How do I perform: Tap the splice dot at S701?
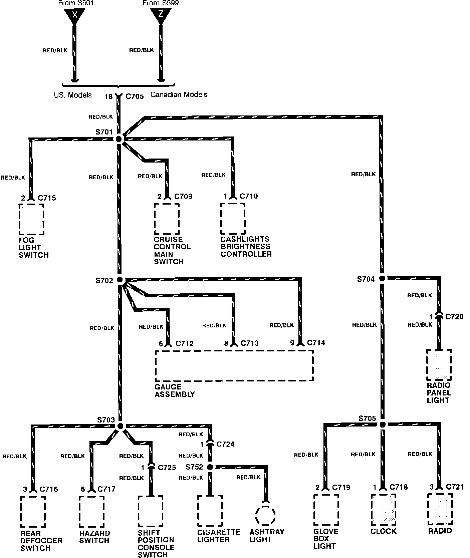(x=119, y=139)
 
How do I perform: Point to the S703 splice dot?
(x=121, y=426)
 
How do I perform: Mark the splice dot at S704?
(x=382, y=278)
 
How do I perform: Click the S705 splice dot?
(x=383, y=425)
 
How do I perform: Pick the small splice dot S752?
(x=210, y=467)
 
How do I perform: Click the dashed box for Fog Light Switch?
(x=31, y=219)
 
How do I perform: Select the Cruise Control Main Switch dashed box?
(x=167, y=219)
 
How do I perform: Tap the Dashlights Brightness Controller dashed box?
(x=233, y=219)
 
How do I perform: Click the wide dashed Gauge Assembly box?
(x=234, y=365)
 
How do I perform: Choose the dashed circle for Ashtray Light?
(x=266, y=516)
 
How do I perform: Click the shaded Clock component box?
(x=383, y=510)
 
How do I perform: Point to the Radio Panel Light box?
(x=439, y=365)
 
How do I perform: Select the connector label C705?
(x=135, y=97)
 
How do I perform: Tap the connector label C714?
(x=316, y=343)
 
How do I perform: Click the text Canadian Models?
(x=179, y=95)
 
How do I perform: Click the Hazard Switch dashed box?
(x=92, y=512)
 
